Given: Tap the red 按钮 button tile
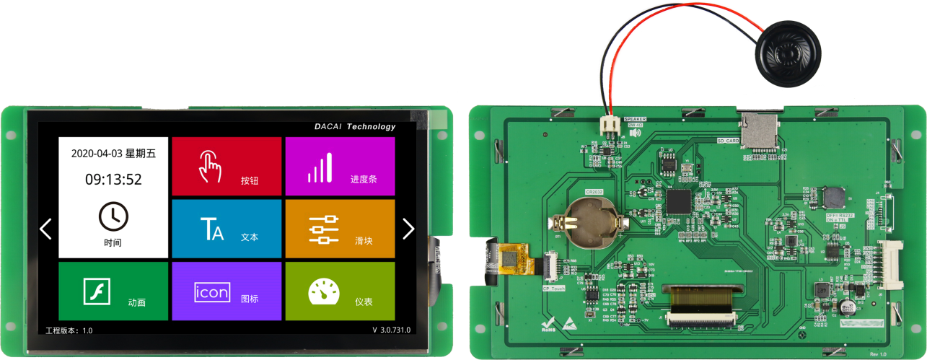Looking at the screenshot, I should click(227, 167).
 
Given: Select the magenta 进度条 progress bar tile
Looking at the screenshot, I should click(340, 167).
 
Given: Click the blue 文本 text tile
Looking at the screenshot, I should click(227, 229).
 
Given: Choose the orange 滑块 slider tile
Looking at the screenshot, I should click(340, 229).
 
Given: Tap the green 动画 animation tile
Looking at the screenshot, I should click(113, 291).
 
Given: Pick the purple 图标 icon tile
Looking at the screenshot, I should click(227, 291).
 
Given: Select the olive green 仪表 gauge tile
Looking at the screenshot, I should click(340, 291).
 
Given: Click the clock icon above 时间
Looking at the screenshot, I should click(113, 216).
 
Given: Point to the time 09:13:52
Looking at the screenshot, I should click(113, 180).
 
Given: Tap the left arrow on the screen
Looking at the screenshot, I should click(45, 229).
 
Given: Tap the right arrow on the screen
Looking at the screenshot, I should click(408, 229).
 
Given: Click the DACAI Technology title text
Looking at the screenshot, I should click(355, 127).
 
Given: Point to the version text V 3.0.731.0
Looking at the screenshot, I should click(391, 330).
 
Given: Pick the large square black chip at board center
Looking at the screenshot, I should click(679, 201).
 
